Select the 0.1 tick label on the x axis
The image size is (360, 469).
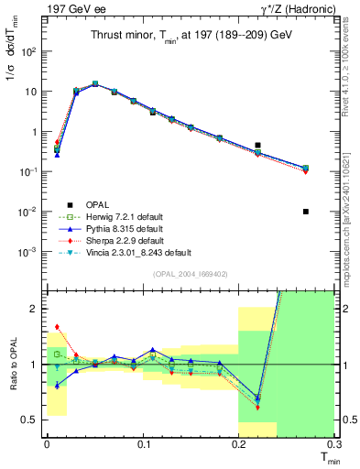142,443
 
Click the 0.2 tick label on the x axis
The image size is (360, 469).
238,443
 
